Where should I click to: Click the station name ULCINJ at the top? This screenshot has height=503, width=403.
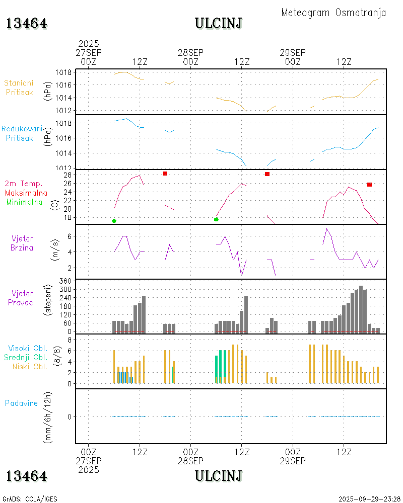point(218,23)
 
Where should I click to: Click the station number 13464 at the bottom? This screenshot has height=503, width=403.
point(27,476)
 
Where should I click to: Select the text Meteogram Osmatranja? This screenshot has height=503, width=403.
point(333,13)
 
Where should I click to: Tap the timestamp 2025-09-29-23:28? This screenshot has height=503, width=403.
point(369,499)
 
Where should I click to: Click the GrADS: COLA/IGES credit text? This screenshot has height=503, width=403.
point(30,499)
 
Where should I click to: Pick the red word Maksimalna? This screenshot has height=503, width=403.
point(26,193)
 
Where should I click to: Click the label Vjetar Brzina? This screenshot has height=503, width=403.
point(23,242)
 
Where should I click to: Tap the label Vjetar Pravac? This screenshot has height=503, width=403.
point(23,297)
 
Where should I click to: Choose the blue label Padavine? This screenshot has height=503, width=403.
point(21,403)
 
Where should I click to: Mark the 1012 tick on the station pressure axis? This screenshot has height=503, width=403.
point(64,111)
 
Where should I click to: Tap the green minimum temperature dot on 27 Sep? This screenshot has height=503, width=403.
point(114,221)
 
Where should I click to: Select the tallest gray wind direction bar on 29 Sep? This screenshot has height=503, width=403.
point(361,309)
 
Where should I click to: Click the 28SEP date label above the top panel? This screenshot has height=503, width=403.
point(190,52)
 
